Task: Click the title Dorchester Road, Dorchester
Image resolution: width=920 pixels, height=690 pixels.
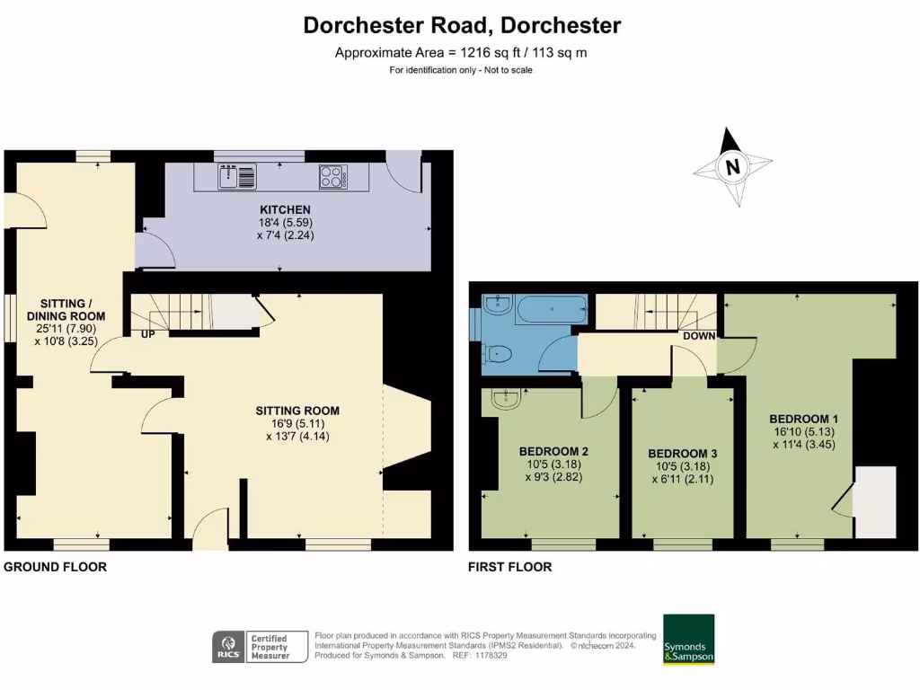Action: tap(461, 25)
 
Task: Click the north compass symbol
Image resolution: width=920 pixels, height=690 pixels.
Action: tap(733, 167)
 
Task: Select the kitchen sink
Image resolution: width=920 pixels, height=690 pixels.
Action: tap(237, 176)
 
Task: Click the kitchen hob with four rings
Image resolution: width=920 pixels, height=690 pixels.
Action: tap(332, 176)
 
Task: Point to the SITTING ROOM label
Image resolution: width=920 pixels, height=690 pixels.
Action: tap(296, 411)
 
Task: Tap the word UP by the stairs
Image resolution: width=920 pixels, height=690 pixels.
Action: tap(147, 334)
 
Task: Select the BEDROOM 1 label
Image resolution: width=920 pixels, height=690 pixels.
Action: tap(803, 419)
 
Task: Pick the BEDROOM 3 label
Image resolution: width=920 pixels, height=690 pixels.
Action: tap(682, 453)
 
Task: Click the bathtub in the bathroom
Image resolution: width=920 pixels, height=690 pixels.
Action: tap(538, 309)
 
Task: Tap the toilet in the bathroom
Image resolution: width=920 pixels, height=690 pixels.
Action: tap(497, 356)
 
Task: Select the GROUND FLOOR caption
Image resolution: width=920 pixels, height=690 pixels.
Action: tap(56, 567)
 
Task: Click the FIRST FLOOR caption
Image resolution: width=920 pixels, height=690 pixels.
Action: tap(510, 567)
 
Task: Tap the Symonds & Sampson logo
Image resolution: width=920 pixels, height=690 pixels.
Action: tap(688, 639)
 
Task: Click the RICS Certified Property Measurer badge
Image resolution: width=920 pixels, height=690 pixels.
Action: tap(253, 646)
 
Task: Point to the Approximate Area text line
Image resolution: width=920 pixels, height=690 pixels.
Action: tap(461, 52)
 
